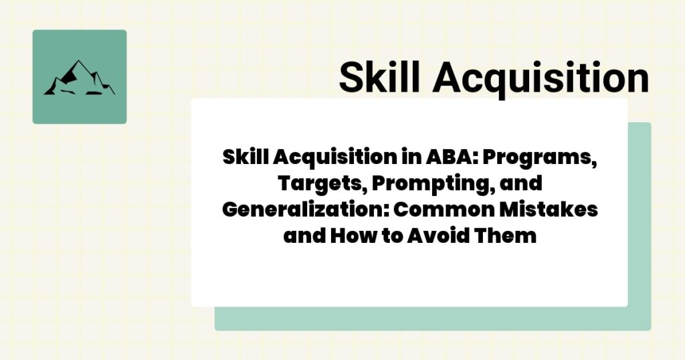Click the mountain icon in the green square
pos(79,78)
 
